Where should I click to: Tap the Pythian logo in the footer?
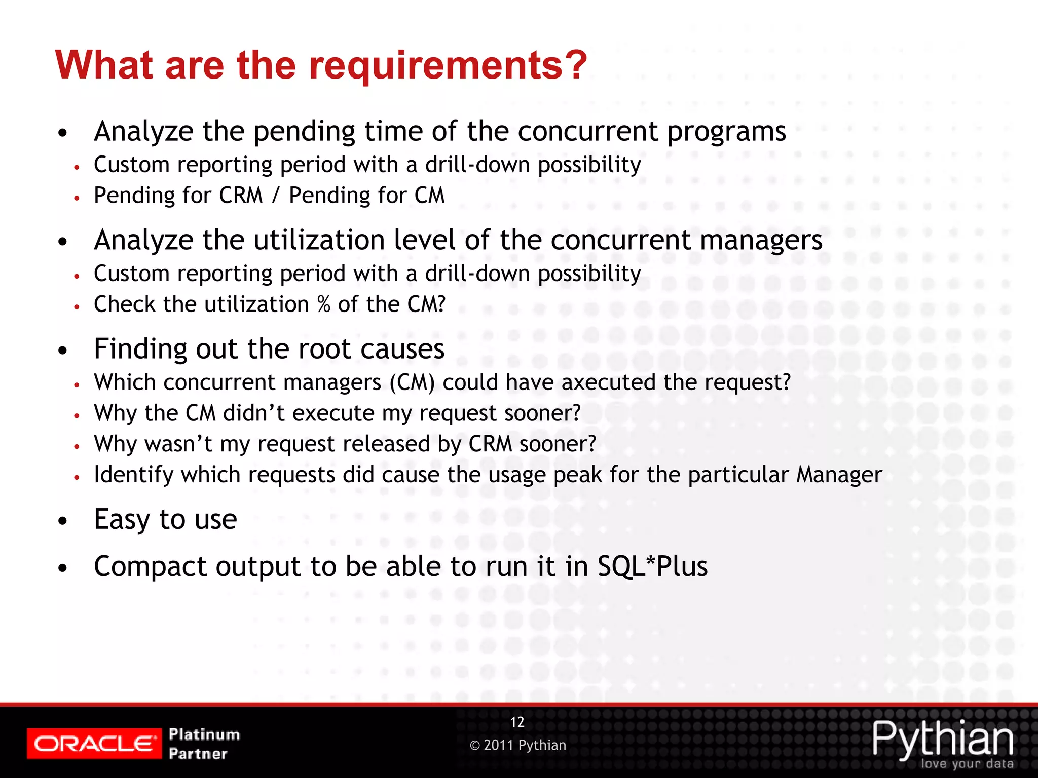943,740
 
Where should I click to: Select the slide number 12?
517,722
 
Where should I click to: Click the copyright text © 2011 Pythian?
518,745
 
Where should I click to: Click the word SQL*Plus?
652,566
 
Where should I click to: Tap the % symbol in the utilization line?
324,304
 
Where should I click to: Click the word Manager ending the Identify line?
839,475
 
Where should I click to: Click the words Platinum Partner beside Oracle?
204,744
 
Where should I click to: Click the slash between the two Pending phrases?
276,196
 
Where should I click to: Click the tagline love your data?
967,764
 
